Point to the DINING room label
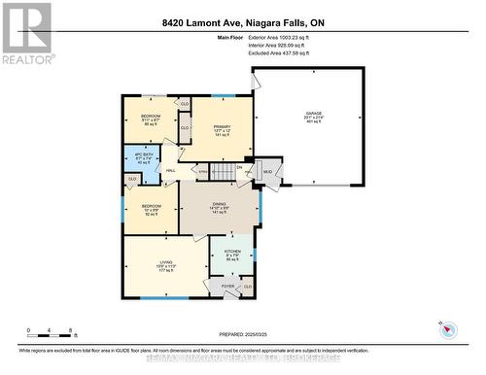click(x=220, y=206)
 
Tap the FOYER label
click(x=228, y=288)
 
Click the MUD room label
click(x=267, y=173)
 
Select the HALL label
click(x=170, y=170)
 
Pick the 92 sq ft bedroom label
click(x=150, y=210)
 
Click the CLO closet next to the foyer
click(x=248, y=288)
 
